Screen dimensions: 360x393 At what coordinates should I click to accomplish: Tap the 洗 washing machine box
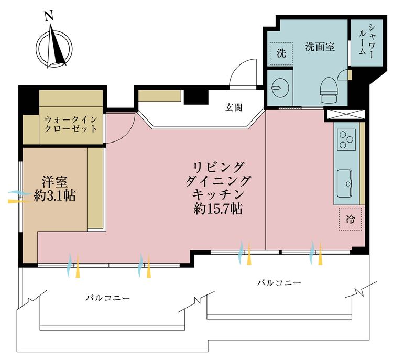(x=281, y=53)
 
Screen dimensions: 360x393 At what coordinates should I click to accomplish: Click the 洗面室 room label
(x=320, y=47)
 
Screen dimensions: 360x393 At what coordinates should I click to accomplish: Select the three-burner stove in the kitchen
(x=346, y=138)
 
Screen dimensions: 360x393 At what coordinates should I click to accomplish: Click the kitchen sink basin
(x=346, y=180)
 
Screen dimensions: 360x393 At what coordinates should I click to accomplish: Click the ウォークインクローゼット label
(x=71, y=124)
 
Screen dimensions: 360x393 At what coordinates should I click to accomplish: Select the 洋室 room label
(x=54, y=182)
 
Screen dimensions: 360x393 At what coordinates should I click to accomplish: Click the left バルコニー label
(x=108, y=297)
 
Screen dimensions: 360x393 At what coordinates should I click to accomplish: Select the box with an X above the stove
(x=345, y=113)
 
